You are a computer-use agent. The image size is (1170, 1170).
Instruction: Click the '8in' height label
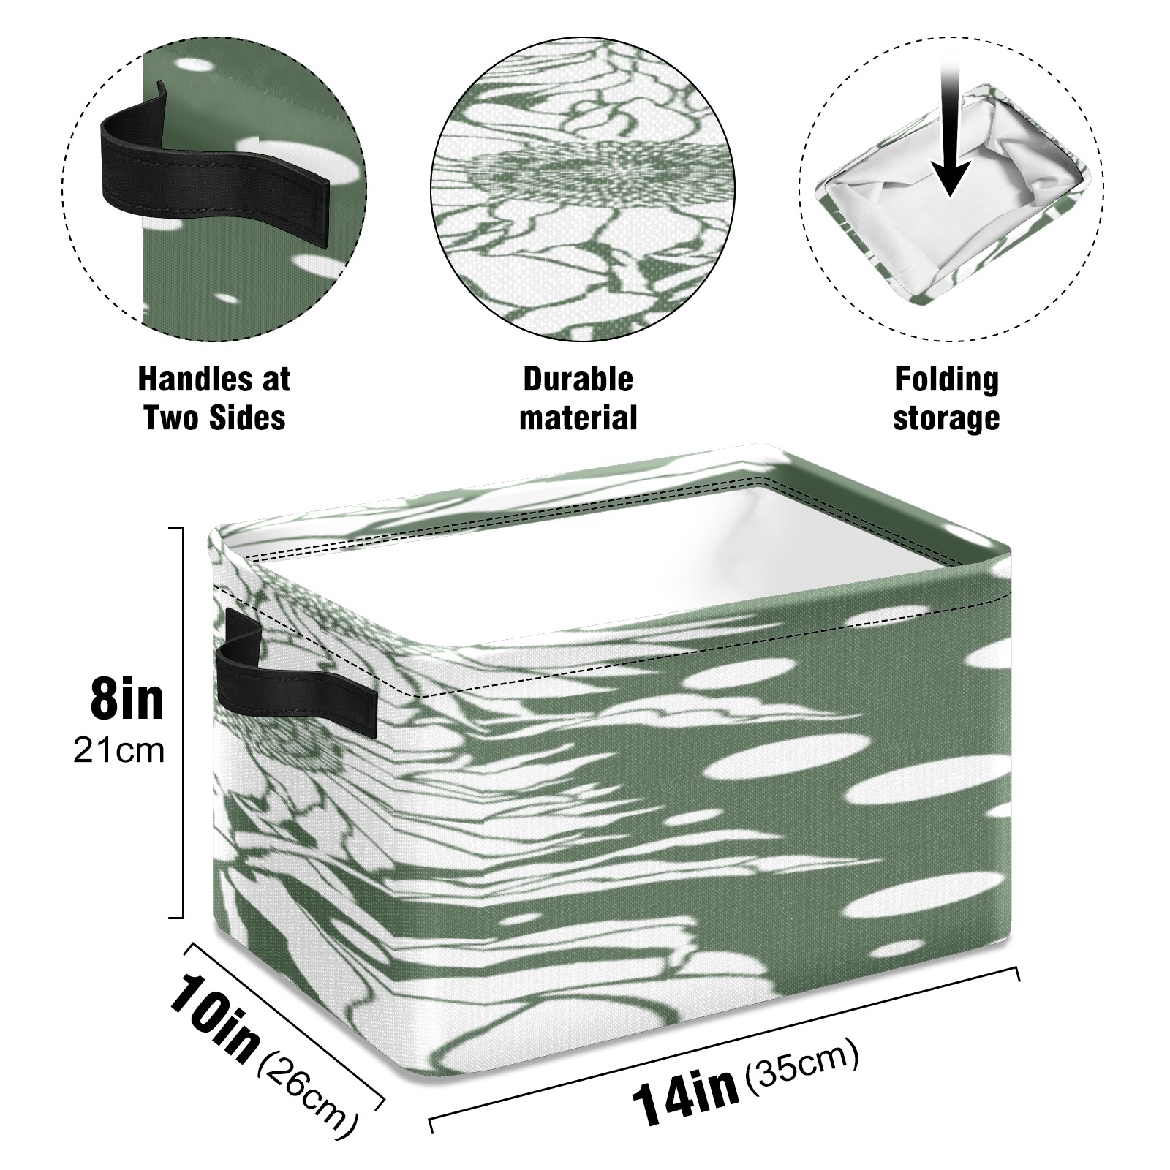click(127, 698)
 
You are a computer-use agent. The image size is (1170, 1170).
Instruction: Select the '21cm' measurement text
click(119, 751)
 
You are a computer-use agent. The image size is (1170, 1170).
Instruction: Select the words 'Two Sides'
click(214, 418)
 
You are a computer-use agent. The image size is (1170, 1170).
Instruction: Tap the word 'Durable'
click(578, 380)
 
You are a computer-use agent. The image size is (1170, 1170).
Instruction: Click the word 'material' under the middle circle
click(578, 418)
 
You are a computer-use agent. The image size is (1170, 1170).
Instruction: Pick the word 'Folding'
click(947, 380)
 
